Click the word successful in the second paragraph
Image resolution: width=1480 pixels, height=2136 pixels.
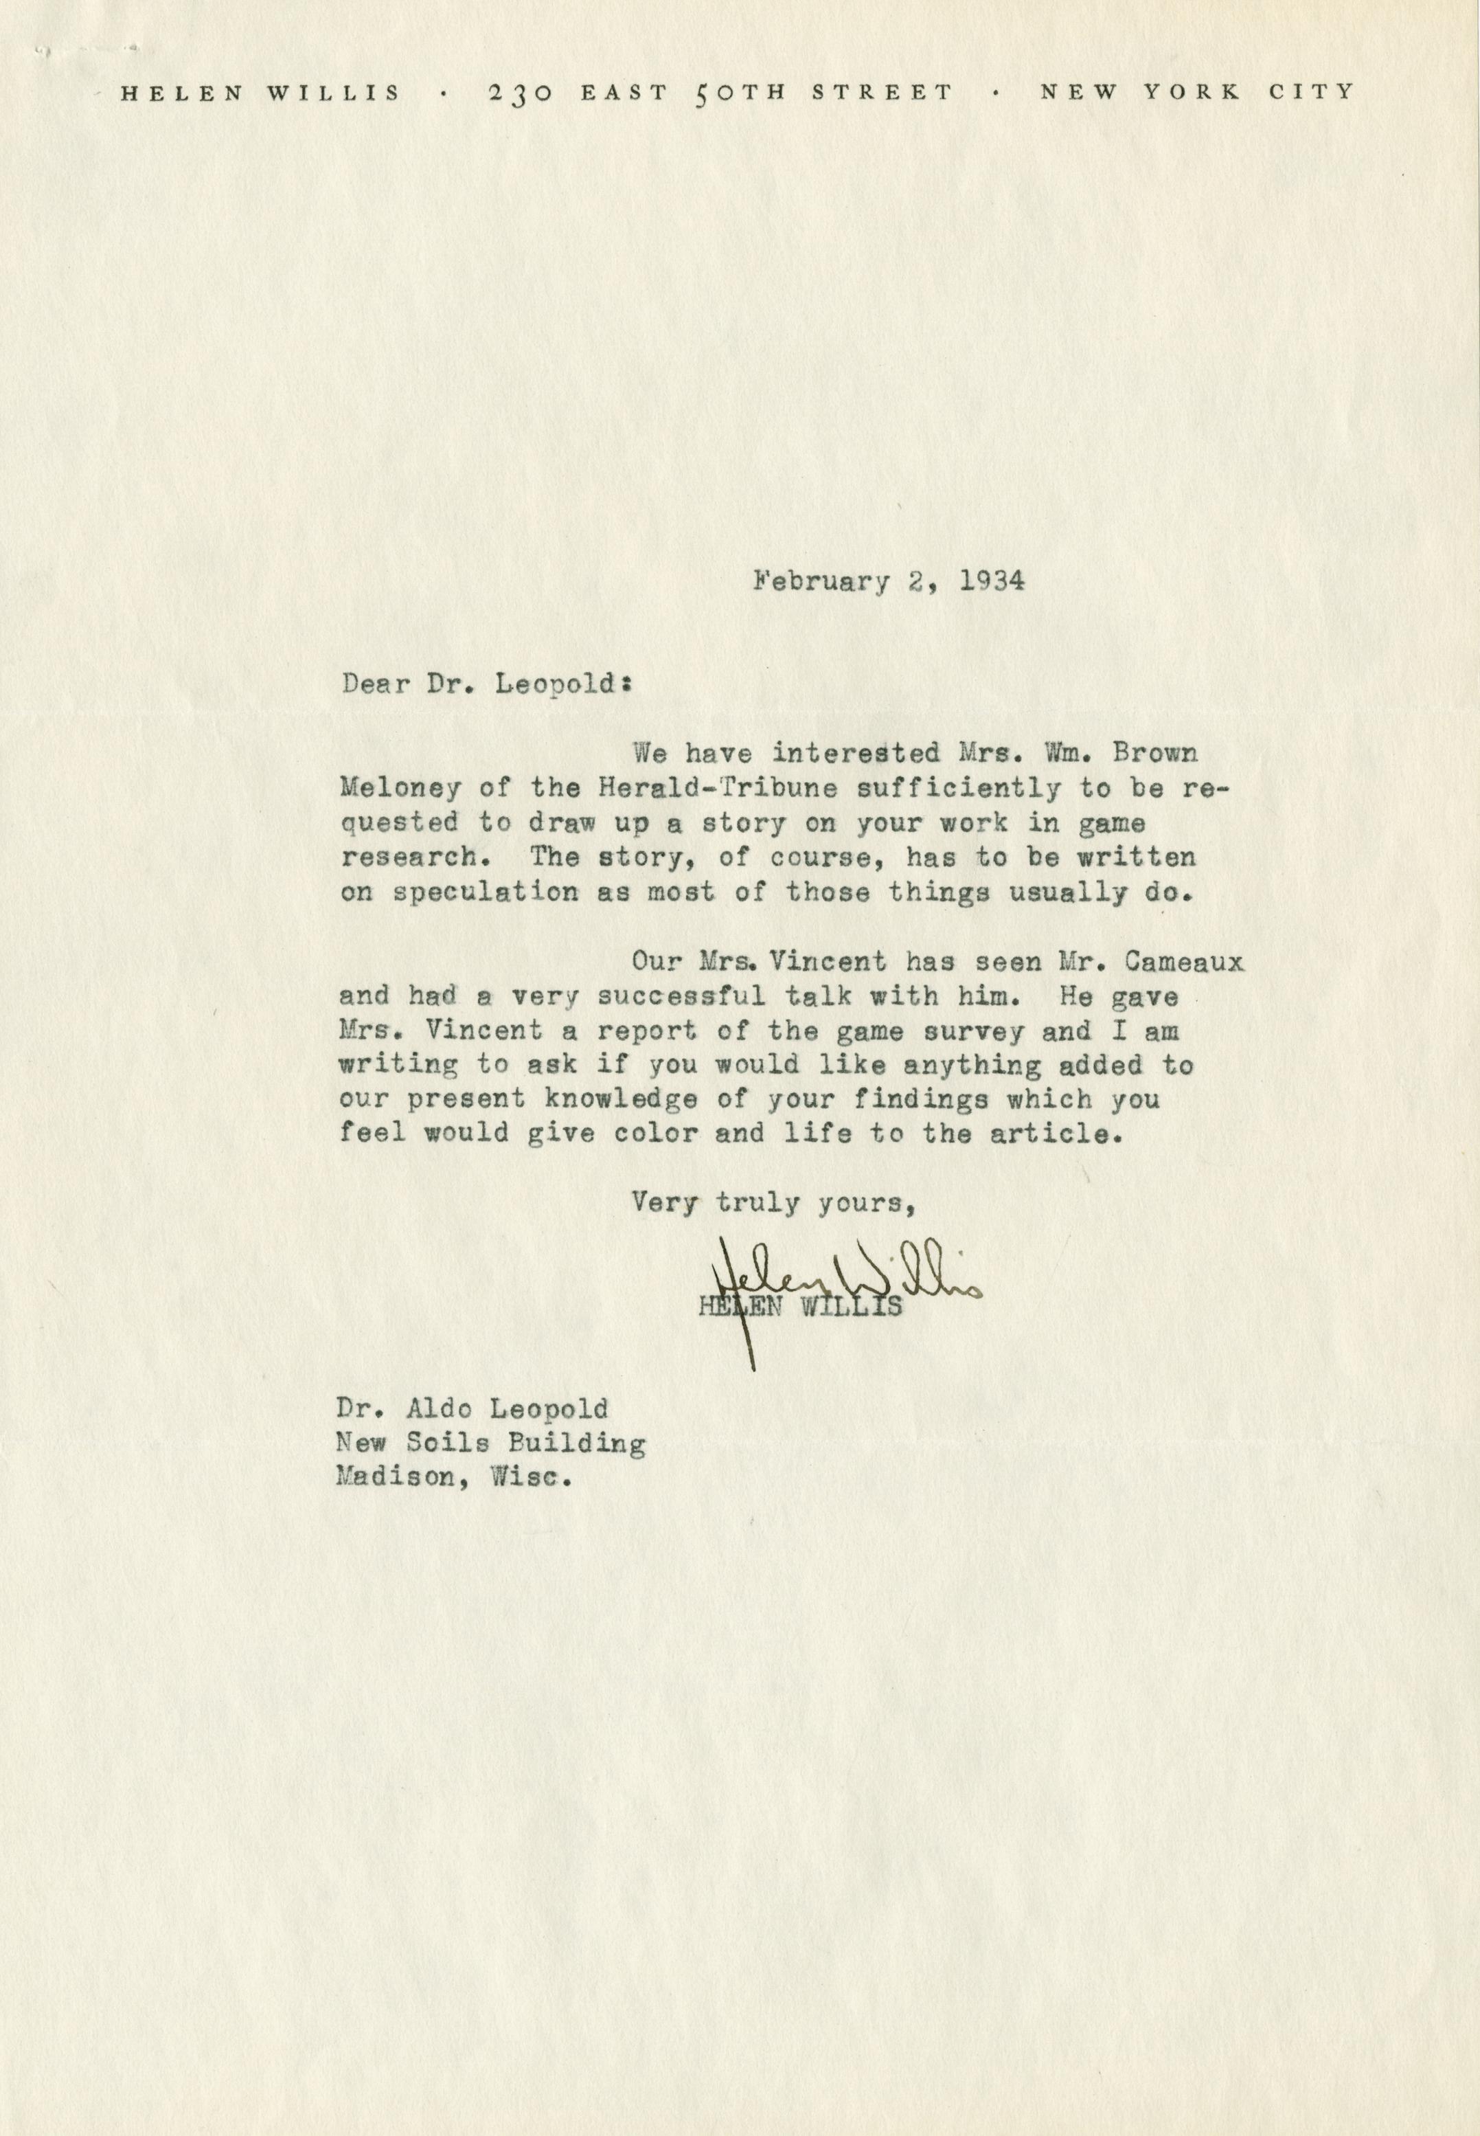click(681, 997)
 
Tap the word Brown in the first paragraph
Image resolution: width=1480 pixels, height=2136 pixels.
click(1154, 753)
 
